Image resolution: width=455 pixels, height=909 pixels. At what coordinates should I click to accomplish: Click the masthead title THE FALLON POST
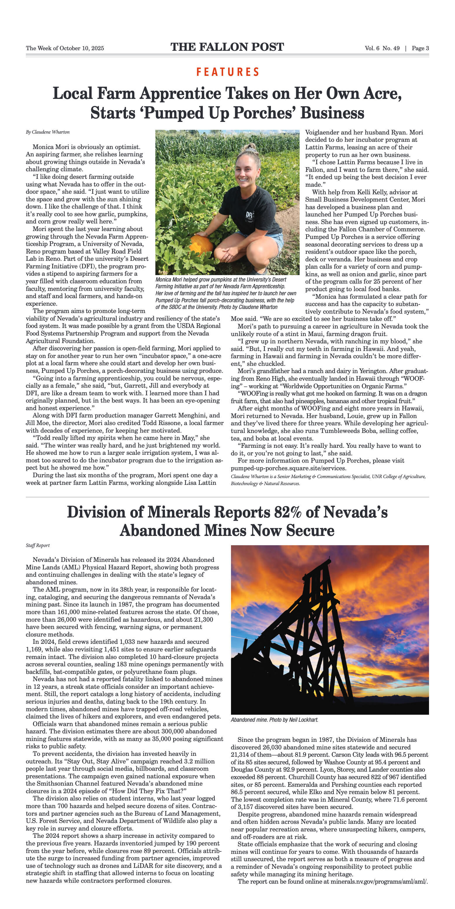coord(227,47)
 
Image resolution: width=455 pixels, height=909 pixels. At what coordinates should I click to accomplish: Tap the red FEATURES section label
coord(228,72)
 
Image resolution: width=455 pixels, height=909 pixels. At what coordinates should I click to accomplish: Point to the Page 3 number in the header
coord(420,48)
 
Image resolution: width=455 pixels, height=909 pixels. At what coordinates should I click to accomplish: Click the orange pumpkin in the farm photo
coord(202,244)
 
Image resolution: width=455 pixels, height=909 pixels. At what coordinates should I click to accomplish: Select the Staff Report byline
coord(37,545)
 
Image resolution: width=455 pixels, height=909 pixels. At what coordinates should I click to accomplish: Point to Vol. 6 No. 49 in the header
coord(382,48)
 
